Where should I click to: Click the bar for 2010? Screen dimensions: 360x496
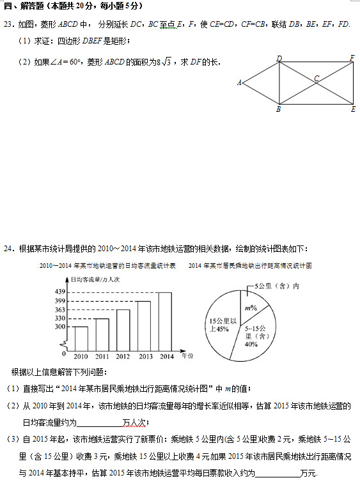tap(81, 337)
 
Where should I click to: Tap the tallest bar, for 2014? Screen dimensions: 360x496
tap(165, 320)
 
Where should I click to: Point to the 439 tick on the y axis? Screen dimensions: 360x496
tap(61, 292)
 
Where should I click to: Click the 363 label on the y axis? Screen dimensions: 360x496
tap(61, 309)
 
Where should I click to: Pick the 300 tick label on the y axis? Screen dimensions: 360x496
tap(61, 327)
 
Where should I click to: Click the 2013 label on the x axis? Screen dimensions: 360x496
tap(145, 356)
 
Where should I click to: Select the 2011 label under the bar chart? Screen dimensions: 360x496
tap(102, 356)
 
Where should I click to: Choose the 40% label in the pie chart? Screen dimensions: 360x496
tap(251, 344)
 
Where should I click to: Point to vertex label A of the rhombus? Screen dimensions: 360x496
tap(239, 82)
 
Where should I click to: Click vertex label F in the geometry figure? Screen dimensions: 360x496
tap(352, 58)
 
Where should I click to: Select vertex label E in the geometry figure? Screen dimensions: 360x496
tap(352, 109)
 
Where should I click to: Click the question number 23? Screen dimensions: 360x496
tap(8, 24)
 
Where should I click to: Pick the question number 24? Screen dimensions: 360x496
tap(8, 249)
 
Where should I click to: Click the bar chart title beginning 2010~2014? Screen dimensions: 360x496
tap(107, 265)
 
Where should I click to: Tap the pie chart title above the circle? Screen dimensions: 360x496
tap(249, 265)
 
